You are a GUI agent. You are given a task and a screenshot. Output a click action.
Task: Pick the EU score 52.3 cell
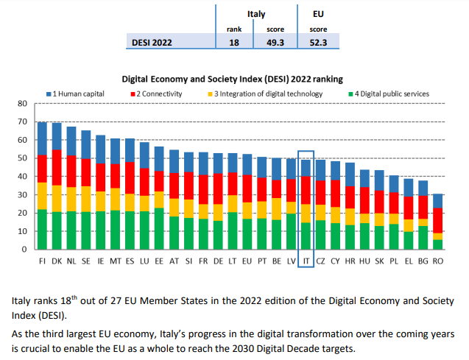point(318,43)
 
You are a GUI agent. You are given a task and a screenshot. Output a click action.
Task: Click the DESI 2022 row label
point(152,43)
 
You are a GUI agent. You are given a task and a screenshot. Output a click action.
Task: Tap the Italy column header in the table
point(256,13)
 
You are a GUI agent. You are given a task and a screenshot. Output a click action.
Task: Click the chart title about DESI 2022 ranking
point(232,77)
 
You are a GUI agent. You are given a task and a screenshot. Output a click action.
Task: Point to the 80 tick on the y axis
point(22,103)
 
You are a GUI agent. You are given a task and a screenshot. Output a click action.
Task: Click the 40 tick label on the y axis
point(22,176)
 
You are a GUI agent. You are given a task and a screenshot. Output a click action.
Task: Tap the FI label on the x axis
point(43,261)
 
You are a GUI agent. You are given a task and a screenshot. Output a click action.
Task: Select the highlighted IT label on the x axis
point(306,261)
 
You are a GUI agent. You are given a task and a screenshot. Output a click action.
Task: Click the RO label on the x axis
point(438,261)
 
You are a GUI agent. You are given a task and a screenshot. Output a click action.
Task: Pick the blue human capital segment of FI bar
point(43,138)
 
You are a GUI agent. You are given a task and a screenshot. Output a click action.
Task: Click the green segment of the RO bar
point(438,244)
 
